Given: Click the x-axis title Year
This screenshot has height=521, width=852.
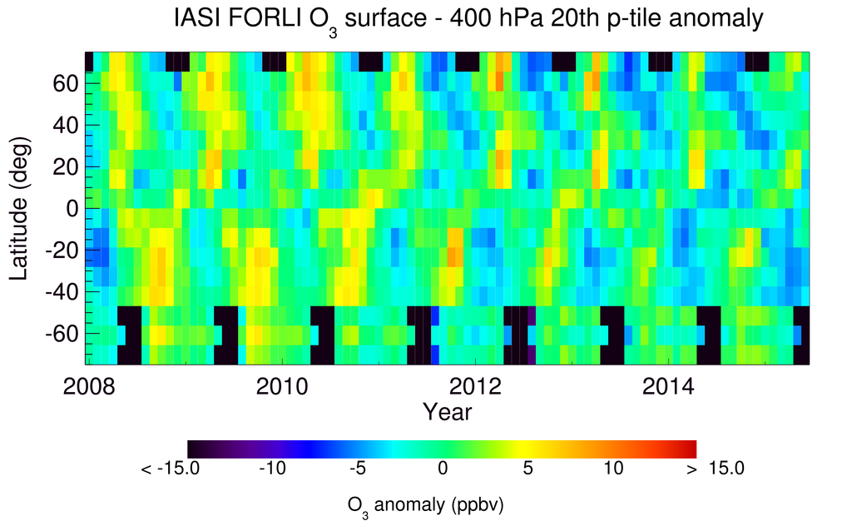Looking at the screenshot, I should click(447, 411).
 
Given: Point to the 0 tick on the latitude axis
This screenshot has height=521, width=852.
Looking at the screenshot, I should click(72, 209).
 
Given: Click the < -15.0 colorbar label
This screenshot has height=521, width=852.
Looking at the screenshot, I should click(170, 469).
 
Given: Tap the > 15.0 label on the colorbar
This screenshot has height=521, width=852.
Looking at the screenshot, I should click(714, 469).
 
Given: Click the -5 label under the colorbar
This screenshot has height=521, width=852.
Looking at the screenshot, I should click(357, 469).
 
